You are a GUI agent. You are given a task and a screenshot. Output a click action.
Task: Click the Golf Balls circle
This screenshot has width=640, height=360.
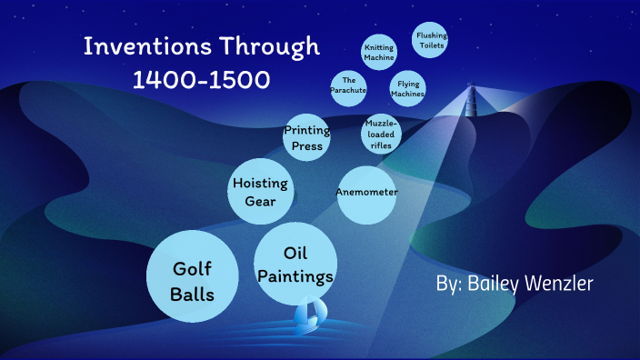click(x=192, y=280)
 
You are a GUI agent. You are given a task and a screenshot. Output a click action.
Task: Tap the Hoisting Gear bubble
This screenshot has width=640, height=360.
click(x=261, y=191)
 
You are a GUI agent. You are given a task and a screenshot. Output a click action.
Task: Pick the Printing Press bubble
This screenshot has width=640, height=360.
click(x=306, y=137)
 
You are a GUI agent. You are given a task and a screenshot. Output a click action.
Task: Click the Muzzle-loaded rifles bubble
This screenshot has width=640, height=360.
click(x=381, y=134)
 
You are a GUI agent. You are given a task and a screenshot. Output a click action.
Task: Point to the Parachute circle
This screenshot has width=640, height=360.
click(x=348, y=86)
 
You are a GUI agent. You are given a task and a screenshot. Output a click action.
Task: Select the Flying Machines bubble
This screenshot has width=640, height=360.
click(x=407, y=88)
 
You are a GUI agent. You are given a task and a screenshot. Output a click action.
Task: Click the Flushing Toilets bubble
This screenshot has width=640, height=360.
click(x=431, y=39)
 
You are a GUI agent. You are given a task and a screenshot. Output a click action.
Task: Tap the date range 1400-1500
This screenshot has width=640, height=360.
click(x=201, y=80)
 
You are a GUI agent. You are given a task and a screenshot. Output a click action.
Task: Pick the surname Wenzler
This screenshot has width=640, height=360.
click(x=564, y=285)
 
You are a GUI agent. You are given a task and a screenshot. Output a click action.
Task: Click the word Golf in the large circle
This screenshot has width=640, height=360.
click(x=192, y=269)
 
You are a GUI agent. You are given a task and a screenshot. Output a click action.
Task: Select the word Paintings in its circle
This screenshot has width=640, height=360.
click(x=295, y=275)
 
